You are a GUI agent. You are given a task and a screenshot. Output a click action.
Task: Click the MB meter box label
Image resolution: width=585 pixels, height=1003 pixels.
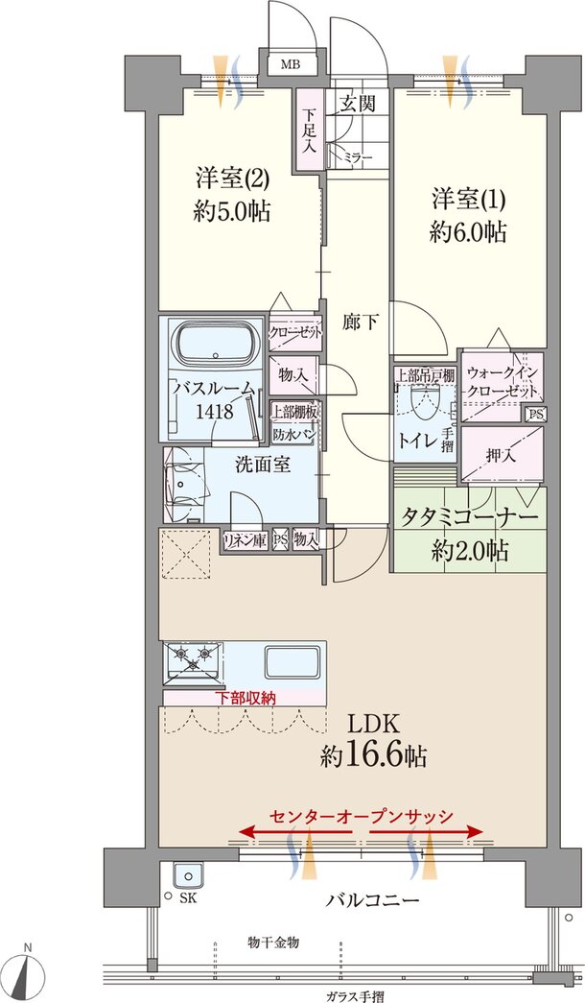pyautogui.click(x=291, y=64)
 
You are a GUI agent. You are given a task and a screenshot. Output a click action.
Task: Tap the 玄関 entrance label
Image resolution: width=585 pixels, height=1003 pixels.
pyautogui.click(x=357, y=103)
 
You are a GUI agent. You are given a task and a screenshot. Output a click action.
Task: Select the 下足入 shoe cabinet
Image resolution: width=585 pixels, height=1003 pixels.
pyautogui.click(x=310, y=130)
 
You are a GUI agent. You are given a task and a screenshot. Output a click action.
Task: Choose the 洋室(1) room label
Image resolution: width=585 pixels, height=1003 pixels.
pyautogui.click(x=468, y=201)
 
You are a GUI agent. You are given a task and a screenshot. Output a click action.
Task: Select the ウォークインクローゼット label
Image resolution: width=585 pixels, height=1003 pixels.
pyautogui.click(x=503, y=382)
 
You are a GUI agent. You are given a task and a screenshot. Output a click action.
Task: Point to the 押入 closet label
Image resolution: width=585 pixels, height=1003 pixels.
pyautogui.click(x=502, y=456)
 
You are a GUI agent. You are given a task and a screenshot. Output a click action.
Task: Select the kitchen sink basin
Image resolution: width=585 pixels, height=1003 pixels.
pyautogui.click(x=292, y=664)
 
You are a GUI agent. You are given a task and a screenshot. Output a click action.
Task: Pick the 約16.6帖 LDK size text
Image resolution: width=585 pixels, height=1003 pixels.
pyautogui.click(x=373, y=757)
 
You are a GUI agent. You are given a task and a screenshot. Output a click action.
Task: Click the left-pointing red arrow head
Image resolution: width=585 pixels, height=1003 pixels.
pyautogui.click(x=247, y=831)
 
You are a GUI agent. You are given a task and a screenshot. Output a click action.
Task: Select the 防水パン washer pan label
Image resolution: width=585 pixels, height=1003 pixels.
pyautogui.click(x=293, y=435)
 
